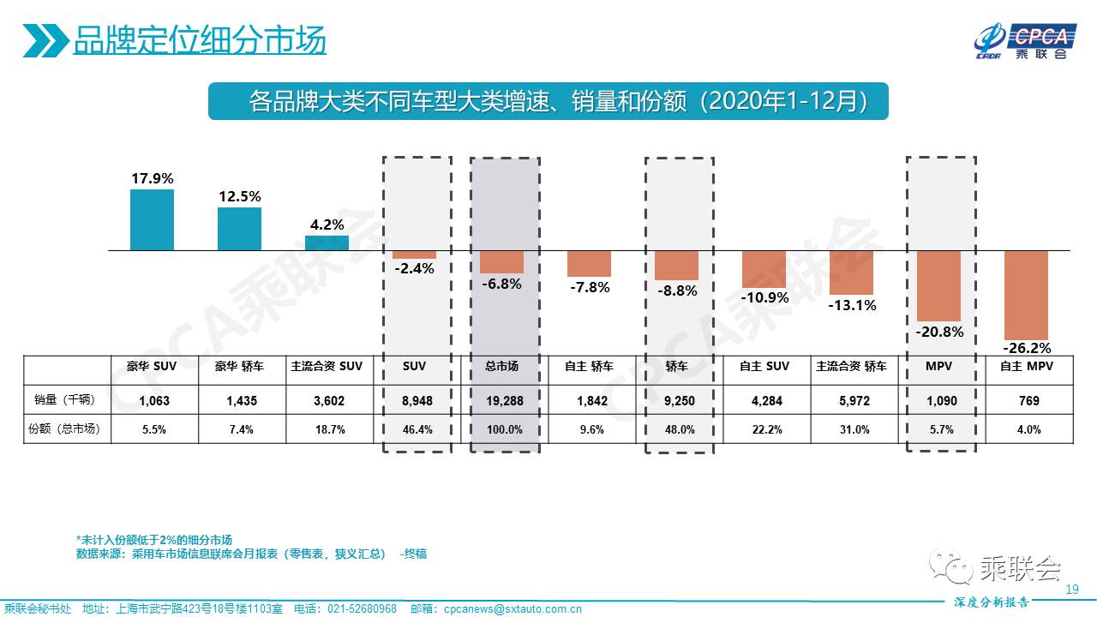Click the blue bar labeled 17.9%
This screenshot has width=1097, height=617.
tap(152, 220)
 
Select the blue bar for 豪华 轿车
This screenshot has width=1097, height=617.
tap(239, 229)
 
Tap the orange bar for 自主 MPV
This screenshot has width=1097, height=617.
tap(1026, 296)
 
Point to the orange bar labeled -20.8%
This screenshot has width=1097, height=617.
tap(938, 285)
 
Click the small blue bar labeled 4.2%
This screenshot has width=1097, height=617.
tap(327, 243)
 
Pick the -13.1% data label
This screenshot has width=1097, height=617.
tap(852, 305)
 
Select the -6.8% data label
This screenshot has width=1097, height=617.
tap(501, 284)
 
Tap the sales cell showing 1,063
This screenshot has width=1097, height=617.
tap(155, 400)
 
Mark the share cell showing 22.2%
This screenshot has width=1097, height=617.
tap(764, 429)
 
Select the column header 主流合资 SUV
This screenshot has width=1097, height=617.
tap(327, 366)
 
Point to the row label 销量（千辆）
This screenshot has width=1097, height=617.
tap(63, 400)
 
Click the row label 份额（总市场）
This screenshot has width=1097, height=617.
tap(63, 429)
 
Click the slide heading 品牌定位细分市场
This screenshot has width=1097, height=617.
tap(200, 40)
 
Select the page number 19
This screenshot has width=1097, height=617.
tap(1071, 589)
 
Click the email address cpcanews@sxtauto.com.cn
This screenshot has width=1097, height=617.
tap(513, 609)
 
